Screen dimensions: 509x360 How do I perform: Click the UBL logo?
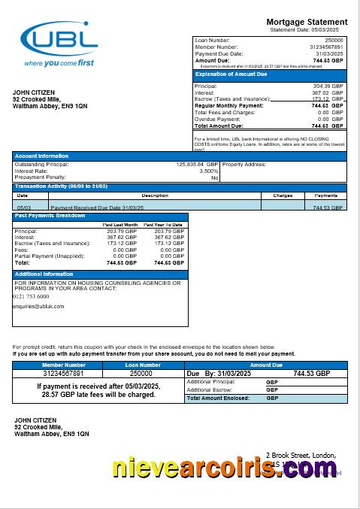coord(60,44)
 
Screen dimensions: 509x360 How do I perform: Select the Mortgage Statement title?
coord(307,22)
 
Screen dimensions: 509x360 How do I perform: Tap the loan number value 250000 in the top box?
coord(334,39)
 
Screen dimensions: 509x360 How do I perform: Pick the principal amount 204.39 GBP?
coord(328,86)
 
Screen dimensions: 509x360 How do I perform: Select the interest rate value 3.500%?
coord(208,171)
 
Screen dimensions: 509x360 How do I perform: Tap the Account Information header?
coord(42,156)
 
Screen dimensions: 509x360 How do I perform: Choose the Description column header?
coord(155,195)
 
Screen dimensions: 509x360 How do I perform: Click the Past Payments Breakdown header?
coord(50,216)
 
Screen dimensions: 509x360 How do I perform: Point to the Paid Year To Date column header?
coord(164,225)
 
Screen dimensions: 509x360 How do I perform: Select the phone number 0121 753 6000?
coord(32,296)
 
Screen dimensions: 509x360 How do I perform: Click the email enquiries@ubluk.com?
coord(38,306)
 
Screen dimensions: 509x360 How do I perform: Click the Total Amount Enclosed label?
coord(220,398)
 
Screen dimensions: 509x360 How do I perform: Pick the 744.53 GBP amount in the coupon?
coord(311,374)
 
